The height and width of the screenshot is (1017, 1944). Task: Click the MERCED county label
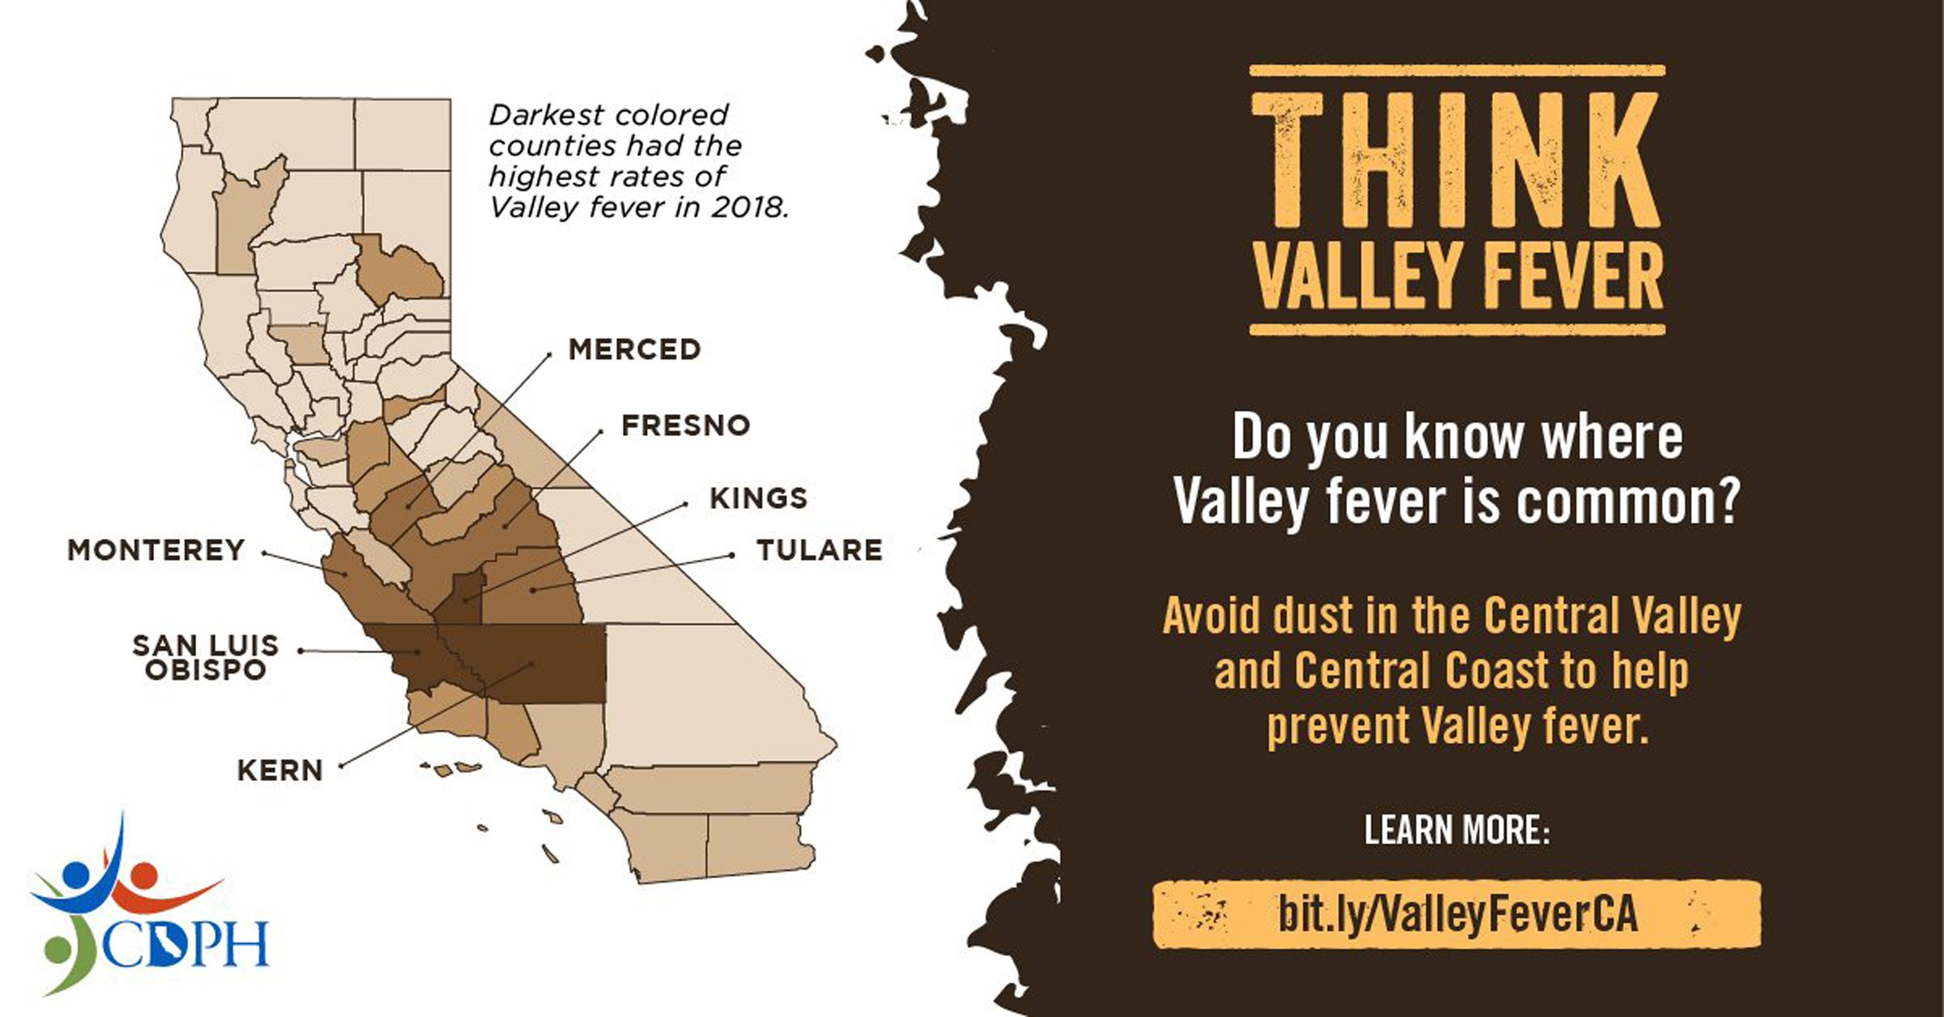634,350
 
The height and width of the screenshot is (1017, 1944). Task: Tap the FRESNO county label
685,425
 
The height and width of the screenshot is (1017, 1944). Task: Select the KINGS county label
758,498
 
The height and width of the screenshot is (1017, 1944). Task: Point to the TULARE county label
819,551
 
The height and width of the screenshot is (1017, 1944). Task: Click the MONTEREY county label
156,551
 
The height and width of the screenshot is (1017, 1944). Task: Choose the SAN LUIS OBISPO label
206,658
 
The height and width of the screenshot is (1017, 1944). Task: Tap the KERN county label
280,771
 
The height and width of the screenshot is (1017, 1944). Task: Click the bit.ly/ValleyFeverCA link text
1457,914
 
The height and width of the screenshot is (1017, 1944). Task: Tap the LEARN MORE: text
1456,831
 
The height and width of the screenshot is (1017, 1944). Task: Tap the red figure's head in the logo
143,874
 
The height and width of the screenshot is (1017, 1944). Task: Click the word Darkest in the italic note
534,115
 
